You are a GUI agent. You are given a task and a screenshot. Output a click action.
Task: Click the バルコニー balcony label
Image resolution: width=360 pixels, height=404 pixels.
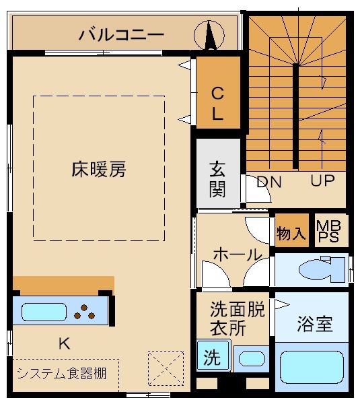point(120,33)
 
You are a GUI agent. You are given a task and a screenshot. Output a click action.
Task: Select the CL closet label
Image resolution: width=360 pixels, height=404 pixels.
point(217,103)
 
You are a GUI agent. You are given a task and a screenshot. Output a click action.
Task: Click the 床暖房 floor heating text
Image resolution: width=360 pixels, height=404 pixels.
point(99,168)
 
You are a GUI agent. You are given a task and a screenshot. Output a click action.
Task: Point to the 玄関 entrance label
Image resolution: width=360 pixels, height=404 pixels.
point(217,178)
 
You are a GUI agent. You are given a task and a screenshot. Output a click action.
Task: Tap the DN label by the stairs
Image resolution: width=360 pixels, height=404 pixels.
point(269,182)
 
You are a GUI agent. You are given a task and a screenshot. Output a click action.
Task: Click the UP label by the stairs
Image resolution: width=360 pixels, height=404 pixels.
point(322,181)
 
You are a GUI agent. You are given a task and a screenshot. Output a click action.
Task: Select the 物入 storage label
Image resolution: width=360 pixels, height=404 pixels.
point(291,234)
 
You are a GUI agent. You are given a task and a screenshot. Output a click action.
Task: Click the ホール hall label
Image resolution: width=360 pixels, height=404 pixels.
point(237,255)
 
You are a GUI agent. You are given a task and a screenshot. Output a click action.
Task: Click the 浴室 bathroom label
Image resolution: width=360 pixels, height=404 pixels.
point(315,324)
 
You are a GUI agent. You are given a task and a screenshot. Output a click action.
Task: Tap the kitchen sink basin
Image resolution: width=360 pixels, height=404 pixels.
point(44,312)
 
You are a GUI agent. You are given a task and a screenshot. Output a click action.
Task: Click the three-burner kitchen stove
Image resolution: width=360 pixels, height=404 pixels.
point(85,312)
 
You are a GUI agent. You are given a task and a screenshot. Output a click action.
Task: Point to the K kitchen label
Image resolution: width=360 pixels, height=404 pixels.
point(64,343)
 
